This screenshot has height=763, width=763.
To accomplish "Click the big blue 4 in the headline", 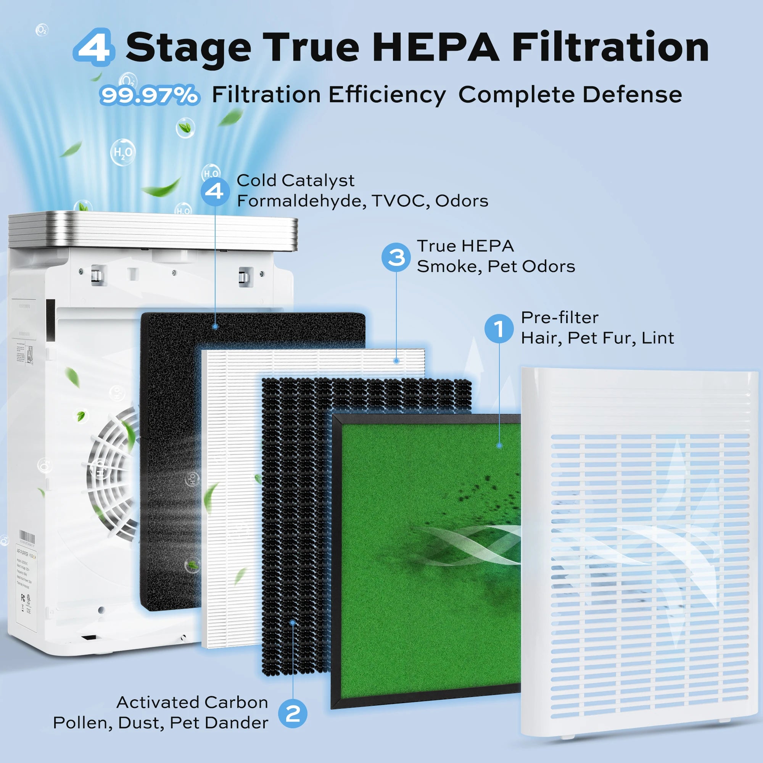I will [94, 47].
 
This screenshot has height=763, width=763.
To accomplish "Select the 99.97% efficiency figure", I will [149, 95].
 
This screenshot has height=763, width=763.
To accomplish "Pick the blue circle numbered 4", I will [214, 192].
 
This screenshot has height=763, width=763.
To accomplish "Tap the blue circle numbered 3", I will [396, 257].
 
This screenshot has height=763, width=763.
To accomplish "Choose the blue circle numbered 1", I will [499, 328].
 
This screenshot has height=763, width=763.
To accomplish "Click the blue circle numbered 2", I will [293, 714].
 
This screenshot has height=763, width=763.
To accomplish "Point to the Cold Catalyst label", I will [295, 180].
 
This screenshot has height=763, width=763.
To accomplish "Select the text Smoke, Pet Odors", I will [496, 267].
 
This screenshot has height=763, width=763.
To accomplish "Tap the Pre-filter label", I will [559, 317].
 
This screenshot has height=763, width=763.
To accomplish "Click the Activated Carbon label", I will [192, 703].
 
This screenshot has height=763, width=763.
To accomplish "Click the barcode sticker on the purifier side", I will [27, 538].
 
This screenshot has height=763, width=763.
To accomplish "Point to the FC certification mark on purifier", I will [23, 597].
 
